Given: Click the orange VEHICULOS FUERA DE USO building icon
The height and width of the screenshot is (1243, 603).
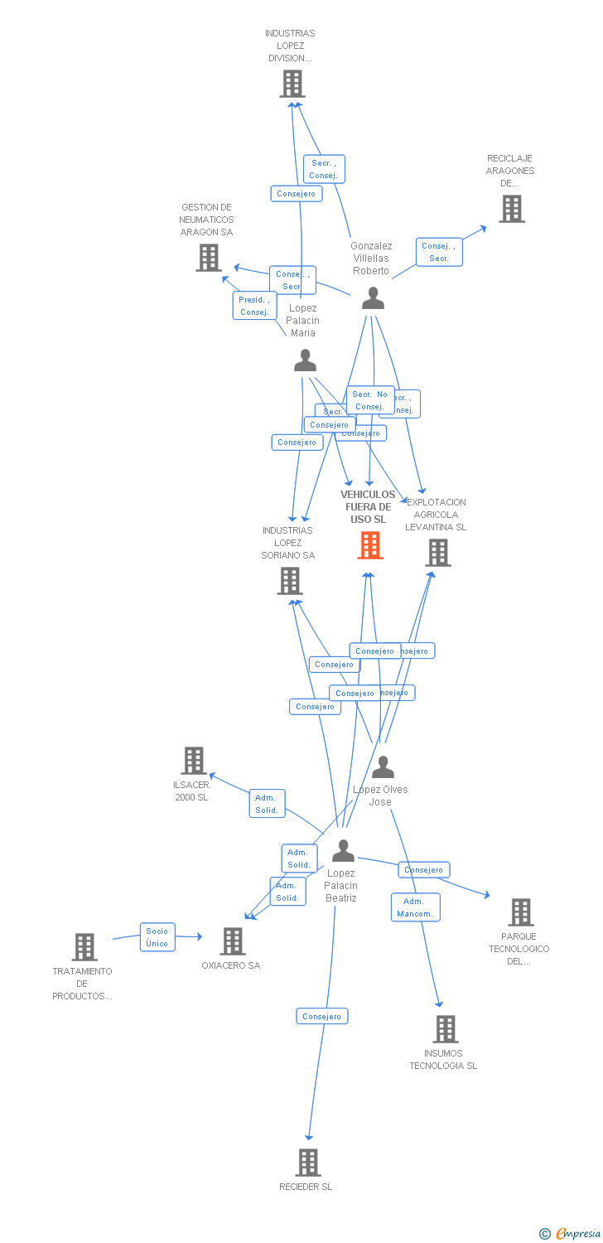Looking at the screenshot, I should (x=369, y=545).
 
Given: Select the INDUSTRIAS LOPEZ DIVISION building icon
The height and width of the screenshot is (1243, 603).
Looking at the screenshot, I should (x=292, y=84).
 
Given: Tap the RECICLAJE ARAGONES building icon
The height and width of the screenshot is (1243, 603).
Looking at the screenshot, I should (x=511, y=209).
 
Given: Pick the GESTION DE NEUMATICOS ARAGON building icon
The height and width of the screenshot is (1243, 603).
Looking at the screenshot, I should (x=208, y=258).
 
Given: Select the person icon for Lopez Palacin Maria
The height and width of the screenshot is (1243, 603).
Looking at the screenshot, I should (x=305, y=360).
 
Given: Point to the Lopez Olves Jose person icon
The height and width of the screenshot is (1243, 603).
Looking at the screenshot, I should (x=382, y=767).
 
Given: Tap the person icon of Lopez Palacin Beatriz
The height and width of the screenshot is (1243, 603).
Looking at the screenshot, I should (x=342, y=850).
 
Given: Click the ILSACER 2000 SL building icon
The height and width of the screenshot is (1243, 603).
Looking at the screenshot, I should (x=193, y=761).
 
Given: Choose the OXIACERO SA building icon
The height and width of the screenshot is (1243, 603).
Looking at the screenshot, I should (x=233, y=941).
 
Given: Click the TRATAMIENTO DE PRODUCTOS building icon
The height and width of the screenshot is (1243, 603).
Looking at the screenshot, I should (x=84, y=947).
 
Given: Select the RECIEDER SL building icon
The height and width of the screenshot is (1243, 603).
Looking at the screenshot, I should (x=307, y=1163).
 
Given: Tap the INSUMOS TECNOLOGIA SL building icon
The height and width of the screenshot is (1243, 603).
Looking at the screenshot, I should (x=445, y=1029).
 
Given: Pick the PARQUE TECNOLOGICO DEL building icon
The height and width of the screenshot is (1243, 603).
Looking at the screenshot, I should (x=520, y=912).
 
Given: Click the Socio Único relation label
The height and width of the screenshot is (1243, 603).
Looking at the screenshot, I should (x=157, y=937).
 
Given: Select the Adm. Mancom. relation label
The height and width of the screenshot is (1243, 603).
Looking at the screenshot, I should (x=415, y=907).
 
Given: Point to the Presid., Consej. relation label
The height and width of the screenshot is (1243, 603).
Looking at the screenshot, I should (x=254, y=306).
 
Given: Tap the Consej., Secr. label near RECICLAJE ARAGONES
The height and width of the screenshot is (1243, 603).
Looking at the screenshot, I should (x=438, y=252).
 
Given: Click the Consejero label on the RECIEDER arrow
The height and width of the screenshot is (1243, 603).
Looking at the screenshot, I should (x=321, y=1016).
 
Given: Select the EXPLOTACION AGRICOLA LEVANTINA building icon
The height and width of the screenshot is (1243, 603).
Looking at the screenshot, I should (x=437, y=553).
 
